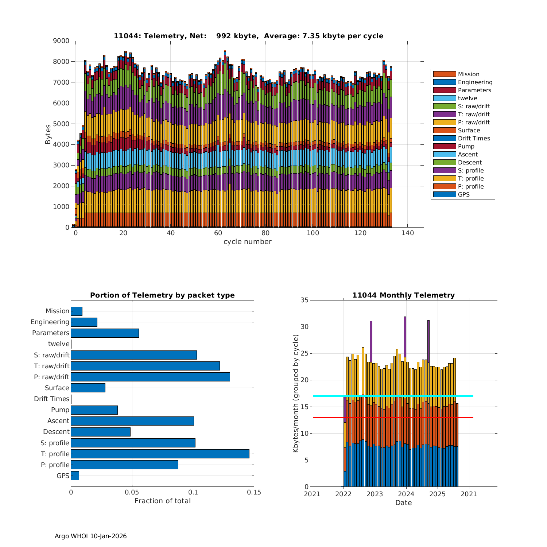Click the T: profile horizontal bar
(x=160, y=454)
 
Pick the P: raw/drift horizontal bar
(x=150, y=377)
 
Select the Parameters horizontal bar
(x=105, y=333)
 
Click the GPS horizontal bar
(x=75, y=476)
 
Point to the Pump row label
(x=60, y=410)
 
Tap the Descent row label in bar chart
(x=56, y=432)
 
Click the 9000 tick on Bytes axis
(x=61, y=41)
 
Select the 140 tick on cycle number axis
(x=408, y=233)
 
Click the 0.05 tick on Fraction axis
(x=132, y=493)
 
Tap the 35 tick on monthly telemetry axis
(x=304, y=300)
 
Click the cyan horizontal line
(x=392, y=396)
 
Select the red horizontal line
(x=392, y=418)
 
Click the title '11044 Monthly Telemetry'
(x=403, y=295)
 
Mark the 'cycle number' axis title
(x=247, y=242)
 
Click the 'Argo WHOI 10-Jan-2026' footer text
(x=90, y=536)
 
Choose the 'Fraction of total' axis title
(x=162, y=501)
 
